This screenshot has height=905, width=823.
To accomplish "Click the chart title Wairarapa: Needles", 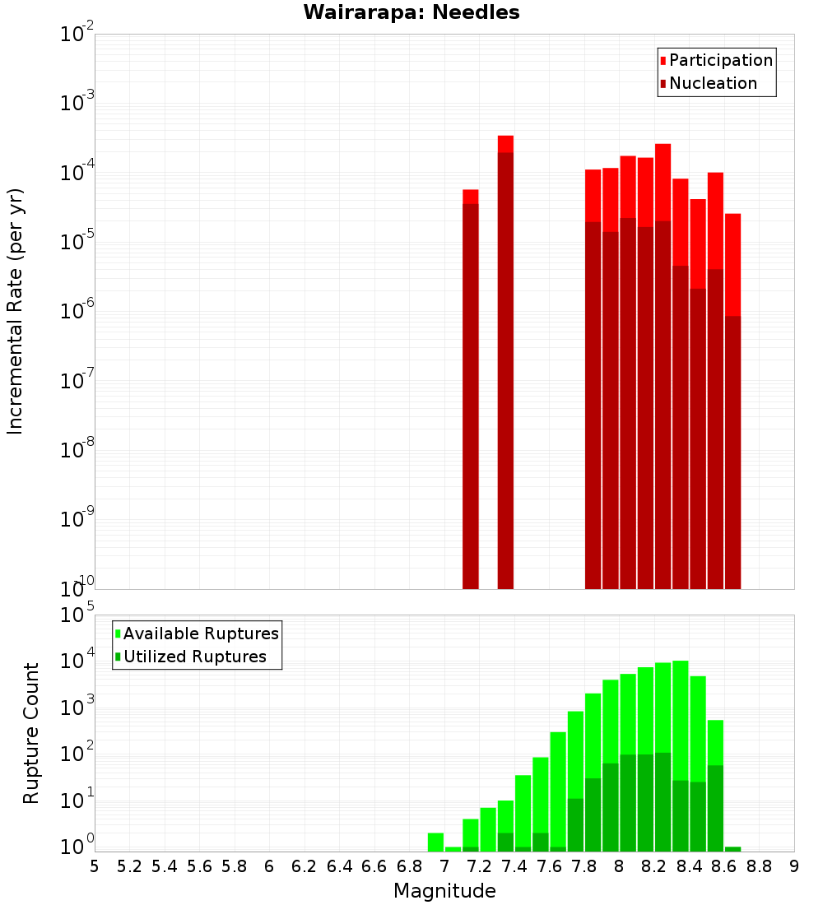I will (x=411, y=12).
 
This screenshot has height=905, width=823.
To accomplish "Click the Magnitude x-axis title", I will (x=444, y=891).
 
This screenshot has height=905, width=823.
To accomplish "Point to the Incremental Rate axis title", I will (x=16, y=311).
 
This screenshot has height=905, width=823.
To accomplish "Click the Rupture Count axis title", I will (x=31, y=732).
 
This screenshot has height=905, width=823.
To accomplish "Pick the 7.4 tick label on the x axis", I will (x=514, y=866).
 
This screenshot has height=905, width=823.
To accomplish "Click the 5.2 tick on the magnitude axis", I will (x=130, y=866).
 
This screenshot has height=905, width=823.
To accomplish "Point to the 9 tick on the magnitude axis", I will (x=794, y=866).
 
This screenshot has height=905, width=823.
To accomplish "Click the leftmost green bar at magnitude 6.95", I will (x=435, y=842).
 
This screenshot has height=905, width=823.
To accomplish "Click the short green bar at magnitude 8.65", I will (x=732, y=848).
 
